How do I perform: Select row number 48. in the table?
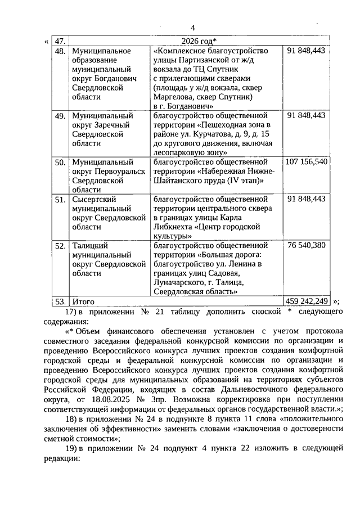coord(60,51)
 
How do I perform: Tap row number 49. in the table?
coord(60,115)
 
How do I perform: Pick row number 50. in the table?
coord(60,162)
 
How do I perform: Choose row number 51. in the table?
coord(60,199)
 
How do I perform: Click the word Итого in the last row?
coord(83,301)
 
